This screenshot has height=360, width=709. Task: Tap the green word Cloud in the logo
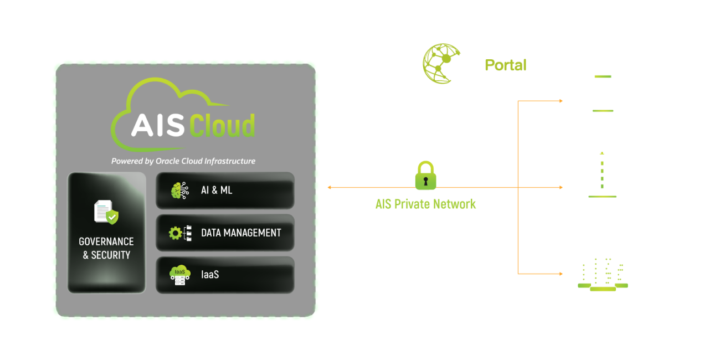tap(222, 126)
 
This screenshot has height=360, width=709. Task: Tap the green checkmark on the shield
tap(112, 217)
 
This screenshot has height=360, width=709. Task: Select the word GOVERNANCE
tap(106, 241)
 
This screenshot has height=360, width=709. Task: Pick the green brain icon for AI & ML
tap(179, 191)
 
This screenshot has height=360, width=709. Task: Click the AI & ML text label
tap(217, 191)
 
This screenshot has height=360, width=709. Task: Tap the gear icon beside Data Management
tap(176, 233)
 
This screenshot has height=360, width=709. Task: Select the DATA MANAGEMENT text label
tap(241, 233)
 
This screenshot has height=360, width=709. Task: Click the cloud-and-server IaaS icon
tap(179, 275)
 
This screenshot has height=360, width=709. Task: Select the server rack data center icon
tap(603, 272)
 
